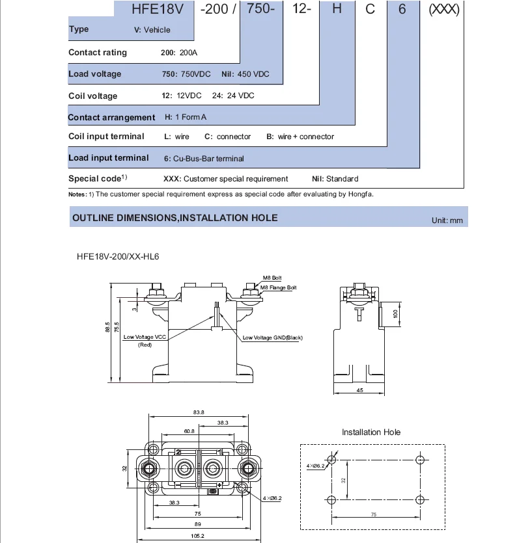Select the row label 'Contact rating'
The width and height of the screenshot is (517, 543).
click(x=98, y=53)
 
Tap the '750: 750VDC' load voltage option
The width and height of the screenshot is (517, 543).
click(x=186, y=74)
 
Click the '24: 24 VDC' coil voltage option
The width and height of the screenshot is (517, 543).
click(x=233, y=96)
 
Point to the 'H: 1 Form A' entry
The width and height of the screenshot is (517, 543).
click(x=186, y=117)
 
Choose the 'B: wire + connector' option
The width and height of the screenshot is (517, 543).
click(x=300, y=137)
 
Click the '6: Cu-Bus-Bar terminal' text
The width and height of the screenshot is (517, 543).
click(x=204, y=158)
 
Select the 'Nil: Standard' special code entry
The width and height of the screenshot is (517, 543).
click(x=335, y=179)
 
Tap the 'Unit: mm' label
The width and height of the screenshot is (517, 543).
click(x=447, y=220)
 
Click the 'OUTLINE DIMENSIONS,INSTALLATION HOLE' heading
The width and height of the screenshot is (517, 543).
click(x=175, y=218)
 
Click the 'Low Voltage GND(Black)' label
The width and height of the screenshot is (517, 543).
click(x=272, y=338)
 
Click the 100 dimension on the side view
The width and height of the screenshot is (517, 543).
click(x=395, y=314)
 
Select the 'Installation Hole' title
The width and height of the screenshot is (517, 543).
click(x=371, y=432)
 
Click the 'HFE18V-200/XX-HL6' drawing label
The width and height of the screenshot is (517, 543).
click(x=114, y=256)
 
